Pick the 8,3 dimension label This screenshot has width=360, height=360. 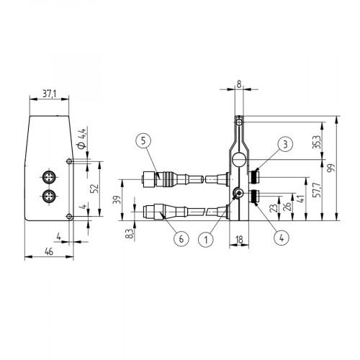tap(128, 233)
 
